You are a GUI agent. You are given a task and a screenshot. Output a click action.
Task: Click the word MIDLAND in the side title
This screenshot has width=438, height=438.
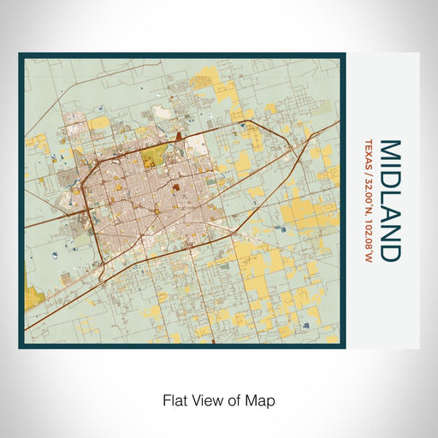(x=389, y=200)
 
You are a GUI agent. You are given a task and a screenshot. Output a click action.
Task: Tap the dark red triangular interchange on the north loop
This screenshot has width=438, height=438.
(x=178, y=137)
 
